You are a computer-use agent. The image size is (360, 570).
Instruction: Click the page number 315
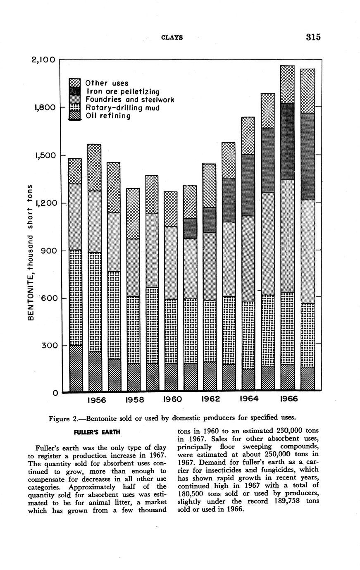pos(313,37)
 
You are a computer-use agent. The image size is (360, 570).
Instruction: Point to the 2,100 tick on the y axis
pos(43,60)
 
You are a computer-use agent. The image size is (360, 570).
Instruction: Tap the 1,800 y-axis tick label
pos(45,107)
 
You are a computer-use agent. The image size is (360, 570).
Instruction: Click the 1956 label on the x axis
pos(97,400)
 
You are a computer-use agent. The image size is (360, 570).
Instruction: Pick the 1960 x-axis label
pos(173,400)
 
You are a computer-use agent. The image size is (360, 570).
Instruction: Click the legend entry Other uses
pos(107,83)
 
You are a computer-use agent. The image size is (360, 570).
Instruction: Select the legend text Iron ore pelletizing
pos(122,91)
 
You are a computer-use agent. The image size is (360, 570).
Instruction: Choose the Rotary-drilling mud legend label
pos(122,108)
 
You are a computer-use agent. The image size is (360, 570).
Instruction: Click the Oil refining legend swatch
pos(74,117)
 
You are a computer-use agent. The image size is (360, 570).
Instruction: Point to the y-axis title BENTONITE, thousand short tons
pos(30,253)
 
